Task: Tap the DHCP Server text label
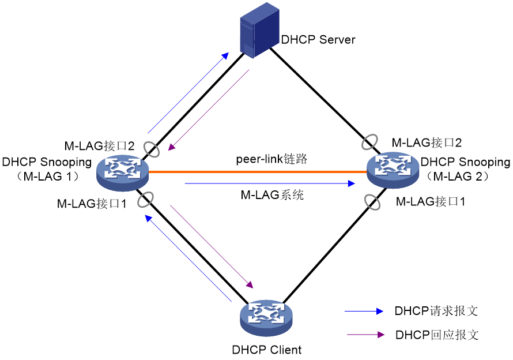318,40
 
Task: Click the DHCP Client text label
267,350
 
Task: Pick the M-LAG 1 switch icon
123,172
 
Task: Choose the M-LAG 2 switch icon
393,170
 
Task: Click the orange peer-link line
258,171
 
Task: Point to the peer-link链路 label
271,159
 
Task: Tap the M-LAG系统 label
272,195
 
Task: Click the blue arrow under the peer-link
270,183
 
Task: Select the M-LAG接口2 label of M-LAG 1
99,146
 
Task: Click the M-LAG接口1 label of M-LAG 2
430,201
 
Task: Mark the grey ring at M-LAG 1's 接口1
145,200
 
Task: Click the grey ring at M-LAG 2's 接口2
369,142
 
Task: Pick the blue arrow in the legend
364,311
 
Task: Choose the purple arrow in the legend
365,335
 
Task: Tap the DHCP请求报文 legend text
436,311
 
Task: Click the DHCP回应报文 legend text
437,335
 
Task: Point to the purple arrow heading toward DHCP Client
212,247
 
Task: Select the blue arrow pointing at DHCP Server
188,93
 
